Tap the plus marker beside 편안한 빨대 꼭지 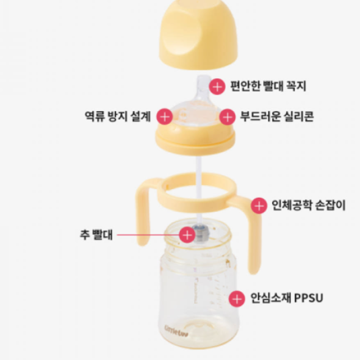coord(218,85)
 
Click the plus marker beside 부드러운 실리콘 coord(228,116)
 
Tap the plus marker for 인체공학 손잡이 coord(259,205)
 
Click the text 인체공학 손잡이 coord(308,205)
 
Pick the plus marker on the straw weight coord(187,234)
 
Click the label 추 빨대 coord(96,234)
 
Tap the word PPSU coord(308,298)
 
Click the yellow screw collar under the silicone coord(196,142)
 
